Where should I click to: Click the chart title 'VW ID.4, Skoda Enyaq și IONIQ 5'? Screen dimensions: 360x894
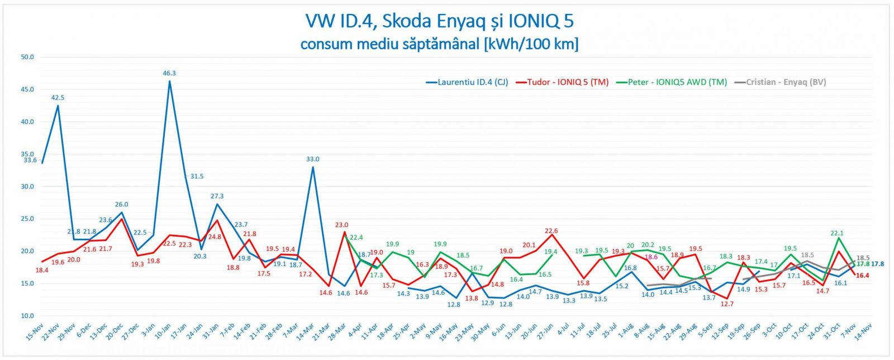pyautogui.click(x=439, y=21)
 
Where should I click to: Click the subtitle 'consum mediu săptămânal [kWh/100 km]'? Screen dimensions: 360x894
pyautogui.click(x=439, y=44)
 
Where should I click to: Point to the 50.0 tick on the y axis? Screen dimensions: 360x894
pyautogui.click(x=27, y=57)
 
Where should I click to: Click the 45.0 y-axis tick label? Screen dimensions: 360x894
pyautogui.click(x=27, y=89)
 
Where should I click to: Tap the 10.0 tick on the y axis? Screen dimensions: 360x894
pyautogui.click(x=27, y=316)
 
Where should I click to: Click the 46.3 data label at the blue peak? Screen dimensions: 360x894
pyautogui.click(x=169, y=73)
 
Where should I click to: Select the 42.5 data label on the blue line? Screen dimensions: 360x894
pyautogui.click(x=58, y=98)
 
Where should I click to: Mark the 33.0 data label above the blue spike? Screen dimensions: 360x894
pyautogui.click(x=312, y=159)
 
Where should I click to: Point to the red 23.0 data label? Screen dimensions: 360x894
pyautogui.click(x=341, y=225)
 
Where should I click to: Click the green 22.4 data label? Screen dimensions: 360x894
pyautogui.click(x=356, y=238)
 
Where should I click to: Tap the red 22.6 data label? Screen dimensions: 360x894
pyautogui.click(x=551, y=231)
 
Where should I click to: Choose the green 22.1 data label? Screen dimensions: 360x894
pyautogui.click(x=837, y=234)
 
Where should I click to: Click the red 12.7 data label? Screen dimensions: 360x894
pyautogui.click(x=727, y=304)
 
